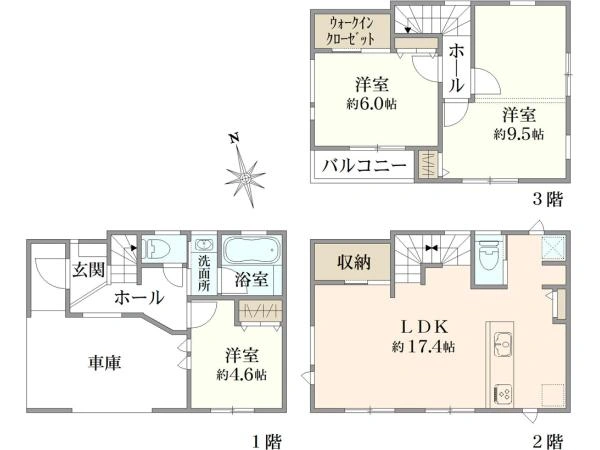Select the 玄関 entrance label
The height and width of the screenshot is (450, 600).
86,269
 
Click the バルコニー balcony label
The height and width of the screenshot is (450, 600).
363,165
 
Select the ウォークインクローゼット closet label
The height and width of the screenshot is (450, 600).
352,30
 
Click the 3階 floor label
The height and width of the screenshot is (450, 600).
548,199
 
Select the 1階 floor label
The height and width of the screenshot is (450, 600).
266,438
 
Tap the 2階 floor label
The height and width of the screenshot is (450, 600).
548,438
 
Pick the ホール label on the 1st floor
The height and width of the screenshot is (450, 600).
139,297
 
